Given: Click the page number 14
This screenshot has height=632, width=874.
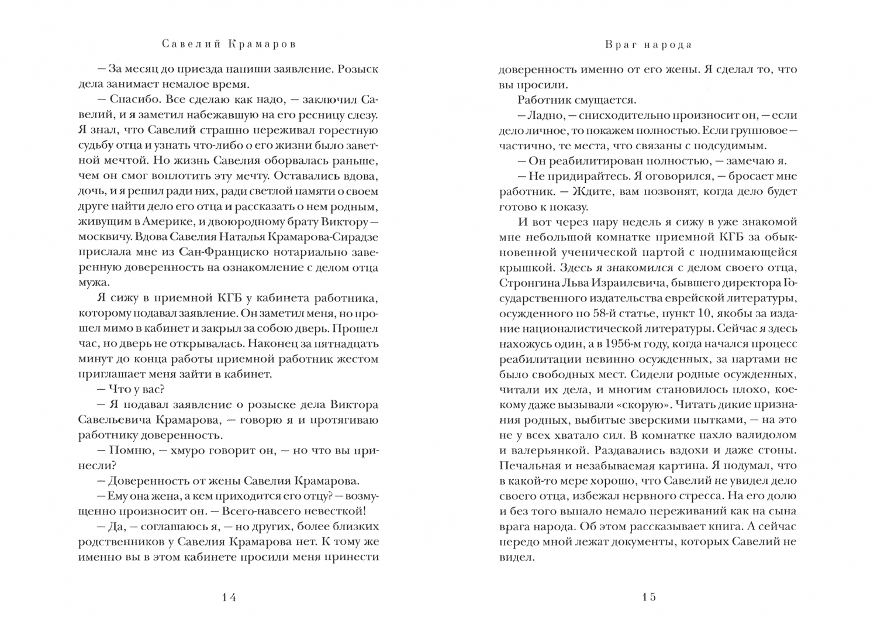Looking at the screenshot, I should [x=229, y=597].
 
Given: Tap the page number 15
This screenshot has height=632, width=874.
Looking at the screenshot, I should [x=648, y=597].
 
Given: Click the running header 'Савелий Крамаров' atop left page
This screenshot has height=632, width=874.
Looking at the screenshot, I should [x=229, y=44].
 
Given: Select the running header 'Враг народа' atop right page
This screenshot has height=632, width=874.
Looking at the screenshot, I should [x=648, y=44].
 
